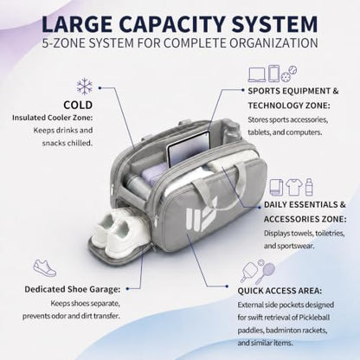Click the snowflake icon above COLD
pos(85,87)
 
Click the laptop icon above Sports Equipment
pos(257,74)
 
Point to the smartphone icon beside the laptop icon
pos(273,74)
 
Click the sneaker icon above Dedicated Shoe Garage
pos(45,267)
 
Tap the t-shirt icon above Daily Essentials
pos(294,187)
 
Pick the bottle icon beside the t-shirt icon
pos(309,187)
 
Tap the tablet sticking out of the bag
pos(189,151)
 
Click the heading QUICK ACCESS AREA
pos(280,291)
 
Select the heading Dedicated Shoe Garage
pos(72,289)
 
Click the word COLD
pos(78,105)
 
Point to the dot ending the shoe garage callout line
pos(127,288)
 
